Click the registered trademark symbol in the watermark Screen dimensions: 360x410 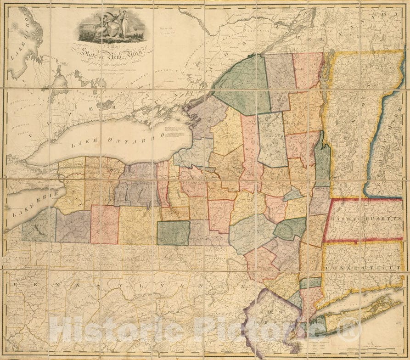pos(354,329)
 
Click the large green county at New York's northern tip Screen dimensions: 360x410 pos(241,85)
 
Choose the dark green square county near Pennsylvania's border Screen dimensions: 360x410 pos(174,233)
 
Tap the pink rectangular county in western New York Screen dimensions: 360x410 pos(104,224)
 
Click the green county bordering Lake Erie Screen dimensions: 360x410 pos(39,225)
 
